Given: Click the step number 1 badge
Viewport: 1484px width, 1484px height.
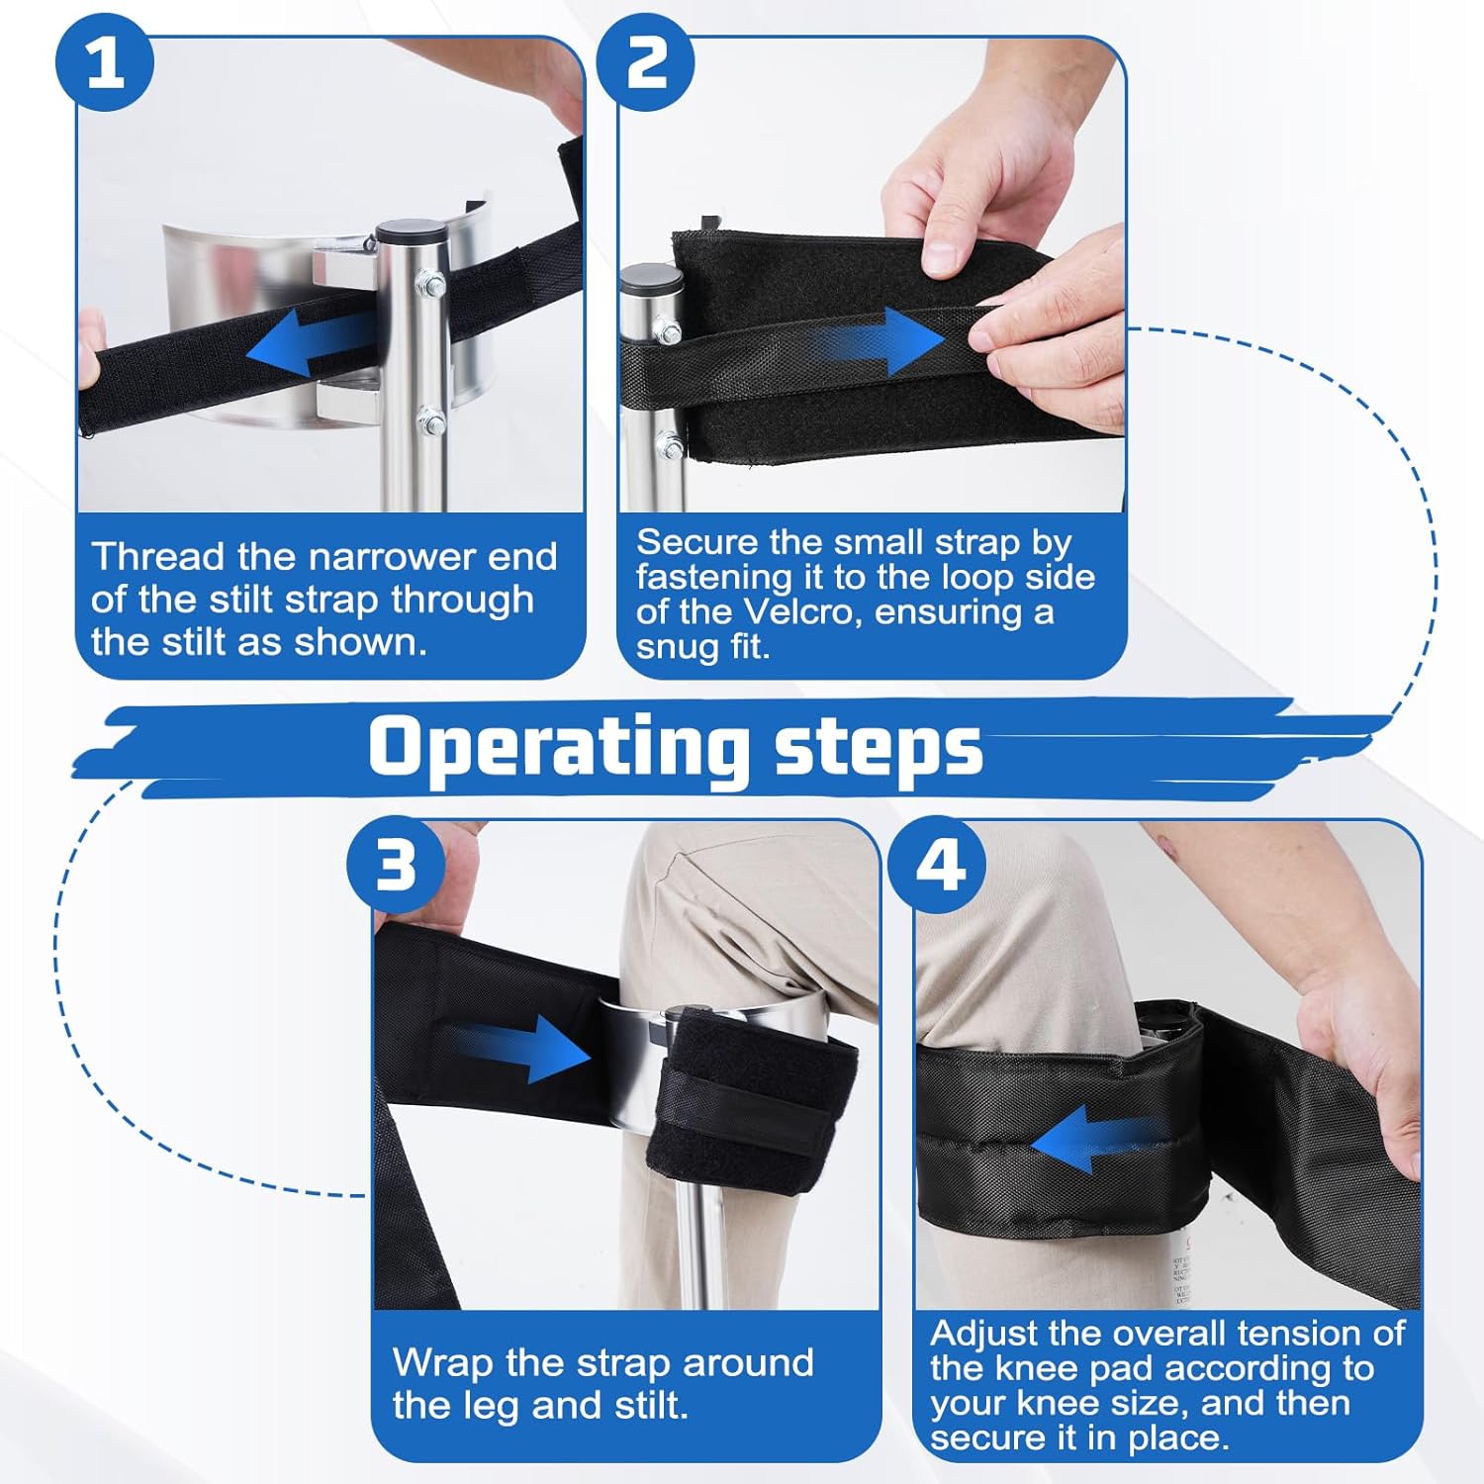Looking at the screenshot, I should pyautogui.click(x=105, y=62).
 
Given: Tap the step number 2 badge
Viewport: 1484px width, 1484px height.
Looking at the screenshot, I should pyautogui.click(x=646, y=62).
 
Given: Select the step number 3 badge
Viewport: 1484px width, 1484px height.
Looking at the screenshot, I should pyautogui.click(x=396, y=865).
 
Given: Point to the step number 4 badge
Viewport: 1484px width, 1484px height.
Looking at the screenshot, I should pyautogui.click(x=938, y=865).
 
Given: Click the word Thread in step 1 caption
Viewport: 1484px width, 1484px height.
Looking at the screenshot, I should pyautogui.click(x=158, y=556).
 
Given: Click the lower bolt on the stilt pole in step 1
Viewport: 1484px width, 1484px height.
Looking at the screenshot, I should pyautogui.click(x=431, y=421).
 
